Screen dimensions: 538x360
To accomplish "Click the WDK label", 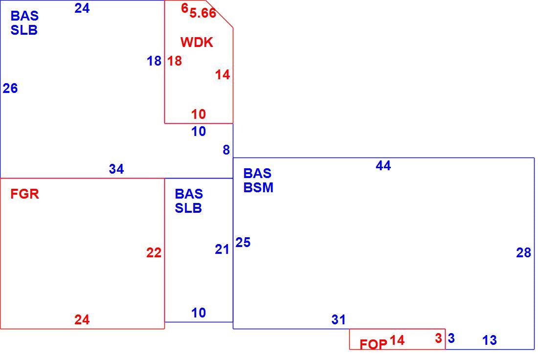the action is pyautogui.click(x=197, y=42).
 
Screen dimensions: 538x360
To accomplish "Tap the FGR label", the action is pyautogui.click(x=25, y=194).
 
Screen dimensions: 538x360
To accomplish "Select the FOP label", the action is pyautogui.click(x=373, y=344).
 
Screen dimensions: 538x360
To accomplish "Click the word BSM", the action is pyautogui.click(x=258, y=188).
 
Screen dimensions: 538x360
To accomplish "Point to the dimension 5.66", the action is pyautogui.click(x=203, y=13).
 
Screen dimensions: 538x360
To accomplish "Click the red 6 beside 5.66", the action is pyautogui.click(x=184, y=8).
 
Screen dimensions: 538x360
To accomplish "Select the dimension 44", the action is pyautogui.click(x=383, y=166).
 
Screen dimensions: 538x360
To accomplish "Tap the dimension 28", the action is pyautogui.click(x=524, y=253).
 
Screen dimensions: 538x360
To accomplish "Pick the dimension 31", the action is pyautogui.click(x=338, y=320).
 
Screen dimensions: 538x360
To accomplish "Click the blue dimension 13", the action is pyautogui.click(x=489, y=340).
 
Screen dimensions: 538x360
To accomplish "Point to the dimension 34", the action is pyautogui.click(x=116, y=169).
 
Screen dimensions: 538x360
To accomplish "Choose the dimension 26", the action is pyautogui.click(x=10, y=89).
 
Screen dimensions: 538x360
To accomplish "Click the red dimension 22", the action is pyautogui.click(x=154, y=253).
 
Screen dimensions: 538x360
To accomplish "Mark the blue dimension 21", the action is pyautogui.click(x=222, y=249).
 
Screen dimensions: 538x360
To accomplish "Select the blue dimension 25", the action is pyautogui.click(x=243, y=243).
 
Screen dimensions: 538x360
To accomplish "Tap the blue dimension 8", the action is pyautogui.click(x=226, y=150).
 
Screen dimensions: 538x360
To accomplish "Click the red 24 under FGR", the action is pyautogui.click(x=82, y=320).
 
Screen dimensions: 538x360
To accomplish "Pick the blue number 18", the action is pyautogui.click(x=154, y=61).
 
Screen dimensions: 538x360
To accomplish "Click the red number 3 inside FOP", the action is pyautogui.click(x=438, y=338).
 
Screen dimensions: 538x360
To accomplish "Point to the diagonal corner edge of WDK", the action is pyautogui.click(x=219, y=14).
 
